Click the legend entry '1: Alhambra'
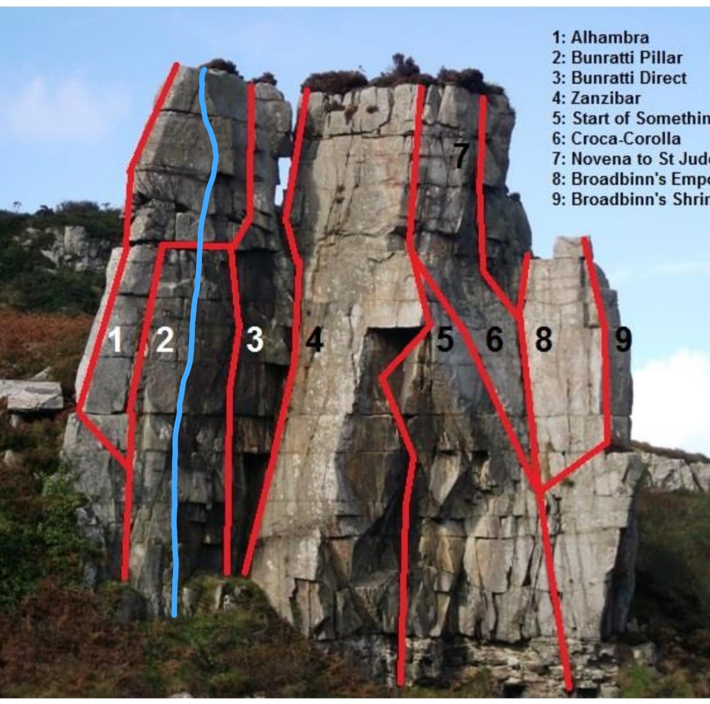click(600, 38)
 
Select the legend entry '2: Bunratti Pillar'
click(617, 58)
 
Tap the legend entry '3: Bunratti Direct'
click(619, 78)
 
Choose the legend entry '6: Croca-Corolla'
click(616, 138)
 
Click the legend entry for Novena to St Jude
click(631, 158)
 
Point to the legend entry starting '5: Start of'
click(631, 118)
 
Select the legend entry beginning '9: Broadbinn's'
click(631, 199)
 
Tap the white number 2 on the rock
click(165, 340)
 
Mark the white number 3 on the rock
click(254, 340)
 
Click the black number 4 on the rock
click(314, 340)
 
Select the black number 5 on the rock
click(445, 340)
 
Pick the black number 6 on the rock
click(494, 340)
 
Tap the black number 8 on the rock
click(543, 340)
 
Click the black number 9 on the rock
click(623, 340)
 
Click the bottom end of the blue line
click(175, 613)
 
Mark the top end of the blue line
click(203, 71)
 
